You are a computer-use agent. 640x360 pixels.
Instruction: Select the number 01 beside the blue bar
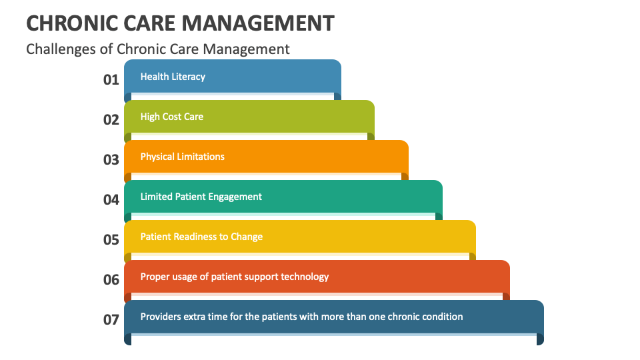[111, 79]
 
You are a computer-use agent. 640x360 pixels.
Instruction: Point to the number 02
[111, 119]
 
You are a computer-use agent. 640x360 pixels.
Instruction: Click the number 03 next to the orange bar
[111, 159]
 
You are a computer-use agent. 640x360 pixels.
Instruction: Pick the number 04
[111, 199]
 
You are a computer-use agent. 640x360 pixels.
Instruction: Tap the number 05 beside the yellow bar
[111, 239]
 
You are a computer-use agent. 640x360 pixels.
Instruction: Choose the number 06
[111, 279]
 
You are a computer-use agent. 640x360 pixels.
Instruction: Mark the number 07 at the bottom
[111, 319]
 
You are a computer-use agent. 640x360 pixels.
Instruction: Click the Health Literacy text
[173, 77]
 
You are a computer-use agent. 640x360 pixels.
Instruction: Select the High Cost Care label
[172, 117]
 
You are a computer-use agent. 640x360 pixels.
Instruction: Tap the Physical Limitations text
[182, 157]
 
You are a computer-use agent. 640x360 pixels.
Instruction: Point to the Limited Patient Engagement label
[201, 197]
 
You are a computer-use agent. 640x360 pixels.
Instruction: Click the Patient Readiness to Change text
[201, 237]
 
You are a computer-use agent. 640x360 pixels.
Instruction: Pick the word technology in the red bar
[304, 277]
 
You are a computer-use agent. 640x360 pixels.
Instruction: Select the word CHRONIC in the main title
[64, 23]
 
